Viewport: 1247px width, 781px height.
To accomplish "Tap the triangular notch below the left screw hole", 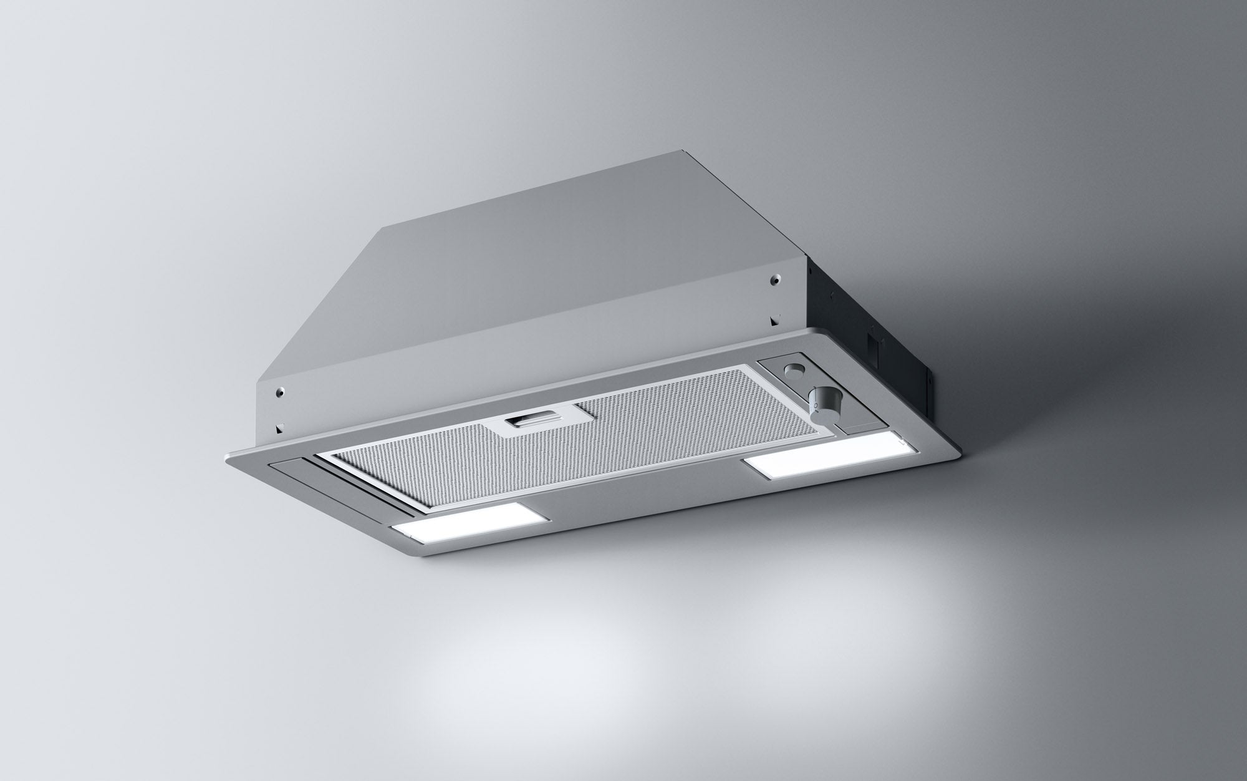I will (x=280, y=429).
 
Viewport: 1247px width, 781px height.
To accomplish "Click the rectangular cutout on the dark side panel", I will (x=871, y=345).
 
